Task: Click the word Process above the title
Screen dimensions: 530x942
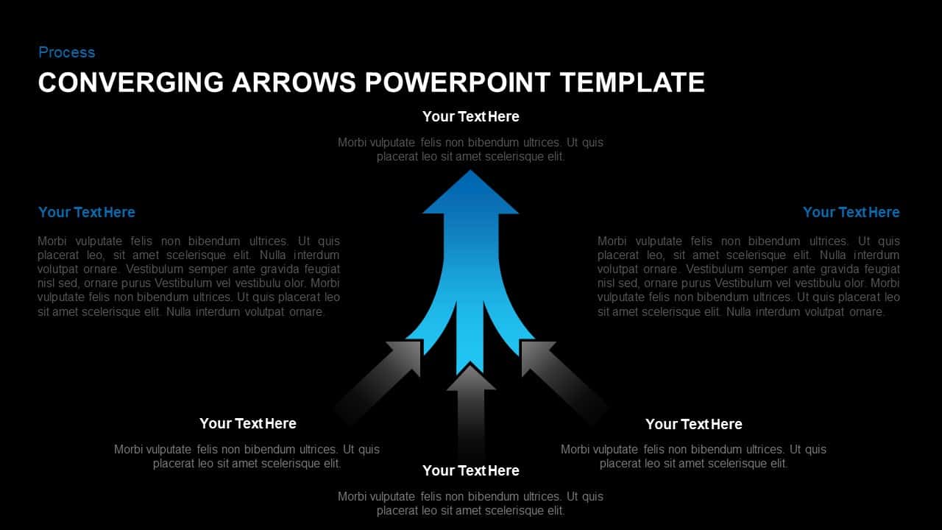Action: (x=66, y=52)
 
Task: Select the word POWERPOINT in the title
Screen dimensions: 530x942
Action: (x=456, y=82)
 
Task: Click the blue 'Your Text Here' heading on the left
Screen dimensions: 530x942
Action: (x=87, y=212)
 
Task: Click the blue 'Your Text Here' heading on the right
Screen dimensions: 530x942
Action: (x=851, y=212)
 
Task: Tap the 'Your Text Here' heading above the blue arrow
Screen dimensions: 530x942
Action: (x=471, y=116)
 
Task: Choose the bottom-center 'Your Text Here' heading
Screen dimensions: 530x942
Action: (x=471, y=470)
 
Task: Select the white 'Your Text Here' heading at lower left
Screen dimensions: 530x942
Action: (x=248, y=423)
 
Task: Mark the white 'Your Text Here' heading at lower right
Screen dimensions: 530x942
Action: (x=694, y=424)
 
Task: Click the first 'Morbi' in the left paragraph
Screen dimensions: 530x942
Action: (x=52, y=241)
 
